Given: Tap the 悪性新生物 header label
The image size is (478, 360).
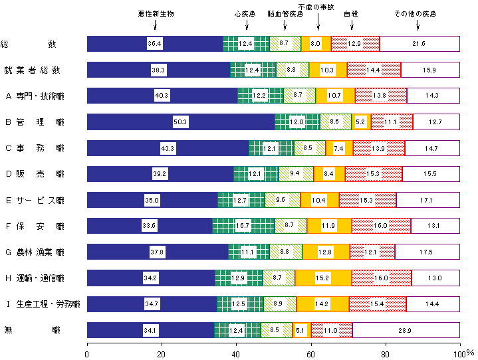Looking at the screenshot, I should coord(156,13).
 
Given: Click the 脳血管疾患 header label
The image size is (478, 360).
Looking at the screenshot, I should coord(285,13).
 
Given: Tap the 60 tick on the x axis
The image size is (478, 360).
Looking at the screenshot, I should coord(310,353).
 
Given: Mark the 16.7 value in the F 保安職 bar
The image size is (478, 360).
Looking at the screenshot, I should coord(243,226).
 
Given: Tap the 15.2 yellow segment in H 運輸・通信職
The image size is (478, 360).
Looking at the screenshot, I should coord(323,278).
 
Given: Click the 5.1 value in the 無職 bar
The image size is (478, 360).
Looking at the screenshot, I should coord(300,329).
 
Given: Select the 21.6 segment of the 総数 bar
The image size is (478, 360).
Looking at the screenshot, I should coord(419,44).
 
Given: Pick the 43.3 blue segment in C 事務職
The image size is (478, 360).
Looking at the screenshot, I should coord(168,147).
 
